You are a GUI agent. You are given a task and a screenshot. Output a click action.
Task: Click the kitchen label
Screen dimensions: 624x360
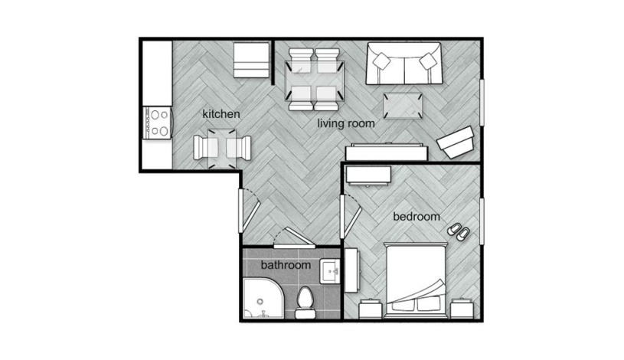point(221,114)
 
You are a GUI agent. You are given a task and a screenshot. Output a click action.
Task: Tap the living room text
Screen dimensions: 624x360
point(346,123)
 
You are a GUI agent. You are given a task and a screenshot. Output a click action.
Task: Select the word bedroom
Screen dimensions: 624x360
point(417,217)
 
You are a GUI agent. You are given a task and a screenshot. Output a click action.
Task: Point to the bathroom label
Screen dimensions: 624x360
point(286,265)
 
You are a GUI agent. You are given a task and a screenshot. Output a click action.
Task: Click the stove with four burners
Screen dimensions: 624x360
point(157,123)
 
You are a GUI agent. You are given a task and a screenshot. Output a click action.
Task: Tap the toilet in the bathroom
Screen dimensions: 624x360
point(305,303)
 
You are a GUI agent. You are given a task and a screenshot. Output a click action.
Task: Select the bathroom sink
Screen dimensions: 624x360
point(330,271)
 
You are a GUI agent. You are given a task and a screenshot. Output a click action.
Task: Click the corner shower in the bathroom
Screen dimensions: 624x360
point(263,299)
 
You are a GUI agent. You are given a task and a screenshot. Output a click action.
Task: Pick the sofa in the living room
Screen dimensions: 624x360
point(404,64)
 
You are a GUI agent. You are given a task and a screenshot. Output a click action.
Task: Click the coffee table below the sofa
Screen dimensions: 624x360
point(402,106)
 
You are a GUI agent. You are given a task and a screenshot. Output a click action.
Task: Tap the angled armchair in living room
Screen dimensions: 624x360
point(456,142)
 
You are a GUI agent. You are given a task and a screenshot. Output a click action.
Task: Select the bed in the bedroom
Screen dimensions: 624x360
point(416,280)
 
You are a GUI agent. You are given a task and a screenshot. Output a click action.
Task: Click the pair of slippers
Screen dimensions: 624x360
point(458,232)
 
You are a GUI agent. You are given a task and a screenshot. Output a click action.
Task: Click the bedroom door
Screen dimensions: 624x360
point(350,217)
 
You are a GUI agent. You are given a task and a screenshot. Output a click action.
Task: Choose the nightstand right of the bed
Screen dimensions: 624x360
point(462,309)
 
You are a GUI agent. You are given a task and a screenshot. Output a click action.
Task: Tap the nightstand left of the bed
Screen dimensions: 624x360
point(371,309)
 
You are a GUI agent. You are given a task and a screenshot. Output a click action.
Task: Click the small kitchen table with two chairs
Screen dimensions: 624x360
point(222,148)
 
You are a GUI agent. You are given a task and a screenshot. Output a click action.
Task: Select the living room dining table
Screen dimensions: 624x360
point(315,80)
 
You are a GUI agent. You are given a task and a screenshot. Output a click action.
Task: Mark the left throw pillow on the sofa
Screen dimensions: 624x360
point(382,61)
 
